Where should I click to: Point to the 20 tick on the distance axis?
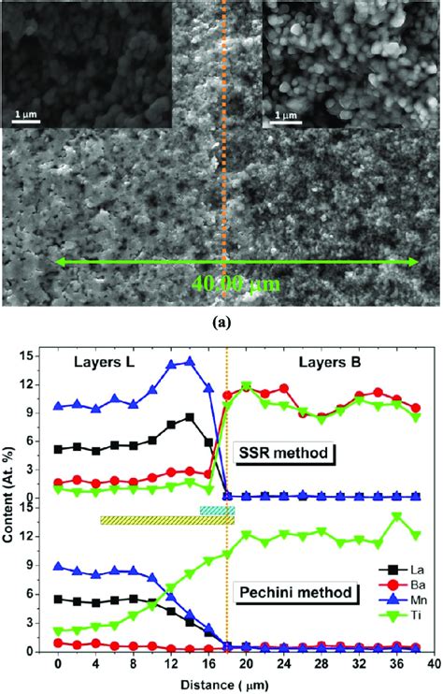[246, 664]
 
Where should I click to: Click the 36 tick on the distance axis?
[397, 664]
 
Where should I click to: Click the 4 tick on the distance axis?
[96, 664]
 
